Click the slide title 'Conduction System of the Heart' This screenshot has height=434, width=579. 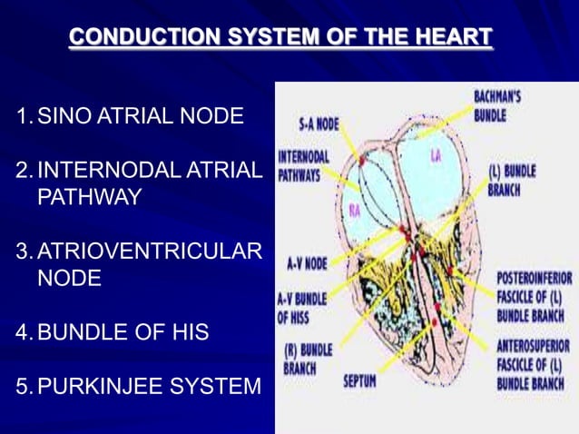[x=280, y=37]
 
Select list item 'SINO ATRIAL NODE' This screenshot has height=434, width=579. [x=141, y=116]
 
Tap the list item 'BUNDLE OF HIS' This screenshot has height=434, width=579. [x=123, y=332]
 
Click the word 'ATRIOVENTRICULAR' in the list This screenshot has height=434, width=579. [x=150, y=251]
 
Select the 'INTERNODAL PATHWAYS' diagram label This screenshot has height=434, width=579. [x=299, y=165]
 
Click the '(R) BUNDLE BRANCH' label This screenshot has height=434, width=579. [x=307, y=359]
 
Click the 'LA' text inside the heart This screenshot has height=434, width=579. [x=437, y=157]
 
